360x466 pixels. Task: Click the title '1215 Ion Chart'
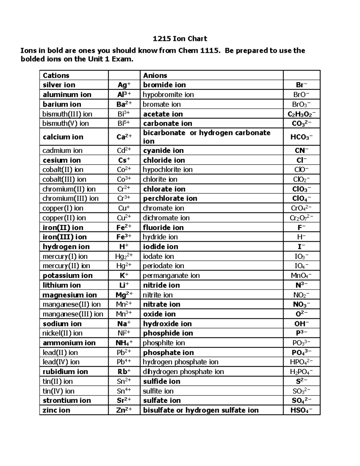[180, 39]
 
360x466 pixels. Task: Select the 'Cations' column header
[56, 75]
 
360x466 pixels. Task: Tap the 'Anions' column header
[155, 75]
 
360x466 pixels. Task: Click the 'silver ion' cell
[59, 85]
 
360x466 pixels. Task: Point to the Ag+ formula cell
[124, 85]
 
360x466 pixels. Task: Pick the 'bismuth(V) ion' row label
[66, 123]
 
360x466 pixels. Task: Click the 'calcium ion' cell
[63, 137]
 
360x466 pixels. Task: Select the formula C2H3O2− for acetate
[301, 114]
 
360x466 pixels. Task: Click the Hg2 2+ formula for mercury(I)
[124, 256]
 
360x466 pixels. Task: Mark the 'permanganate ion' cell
[171, 275]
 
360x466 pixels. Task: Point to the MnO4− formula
[301, 275]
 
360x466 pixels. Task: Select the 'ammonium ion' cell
[69, 343]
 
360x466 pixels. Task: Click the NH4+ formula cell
[124, 343]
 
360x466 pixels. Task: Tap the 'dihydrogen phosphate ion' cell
[183, 371]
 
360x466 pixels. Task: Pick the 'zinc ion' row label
[56, 410]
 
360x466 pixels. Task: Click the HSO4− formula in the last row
[301, 410]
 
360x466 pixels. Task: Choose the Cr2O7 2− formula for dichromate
[301, 218]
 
